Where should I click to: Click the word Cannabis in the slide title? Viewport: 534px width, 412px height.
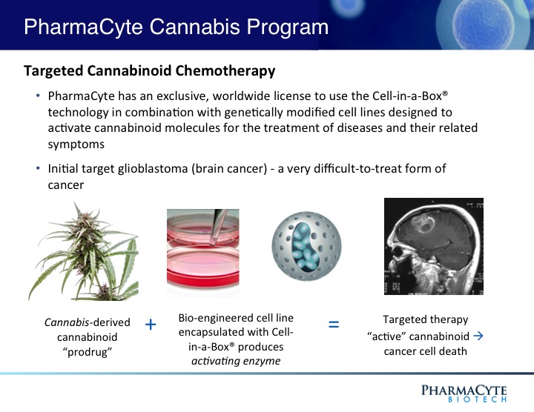click(x=195, y=27)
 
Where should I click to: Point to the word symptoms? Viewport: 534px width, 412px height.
click(x=76, y=144)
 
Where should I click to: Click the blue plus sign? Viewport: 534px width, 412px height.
click(x=151, y=325)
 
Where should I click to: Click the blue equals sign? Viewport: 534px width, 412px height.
click(x=334, y=324)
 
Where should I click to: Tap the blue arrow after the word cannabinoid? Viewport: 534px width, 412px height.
click(x=478, y=336)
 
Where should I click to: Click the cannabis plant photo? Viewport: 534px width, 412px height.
click(x=83, y=251)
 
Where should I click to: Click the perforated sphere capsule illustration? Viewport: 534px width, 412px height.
click(x=306, y=246)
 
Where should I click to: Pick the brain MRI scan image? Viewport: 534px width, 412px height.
click(x=434, y=246)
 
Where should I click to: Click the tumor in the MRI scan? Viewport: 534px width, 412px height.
click(x=423, y=221)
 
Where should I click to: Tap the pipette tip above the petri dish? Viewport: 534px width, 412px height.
click(x=213, y=242)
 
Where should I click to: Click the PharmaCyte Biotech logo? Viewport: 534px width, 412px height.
click(x=464, y=393)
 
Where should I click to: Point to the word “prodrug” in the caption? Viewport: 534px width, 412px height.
click(x=88, y=352)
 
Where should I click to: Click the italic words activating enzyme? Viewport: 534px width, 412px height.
click(x=236, y=361)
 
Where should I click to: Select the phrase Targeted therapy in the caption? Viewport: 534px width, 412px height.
click(x=426, y=320)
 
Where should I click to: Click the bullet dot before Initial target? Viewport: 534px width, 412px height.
click(x=38, y=168)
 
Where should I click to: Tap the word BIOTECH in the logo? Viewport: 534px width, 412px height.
click(x=477, y=399)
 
